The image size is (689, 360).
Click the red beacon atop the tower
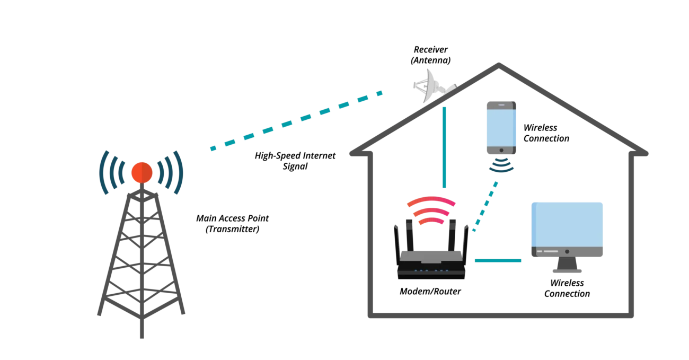coord(142,172)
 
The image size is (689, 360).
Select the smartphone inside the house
coord(500,127)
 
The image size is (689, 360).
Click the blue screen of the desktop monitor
coord(568,223)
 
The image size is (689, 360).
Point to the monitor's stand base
coord(568,271)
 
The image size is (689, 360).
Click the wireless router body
coord(430,262)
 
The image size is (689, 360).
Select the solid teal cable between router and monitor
coord(497,260)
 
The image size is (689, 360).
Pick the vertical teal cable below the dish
coord(445,148)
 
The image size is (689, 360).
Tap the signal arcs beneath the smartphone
coord(500,165)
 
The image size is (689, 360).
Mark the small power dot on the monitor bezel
coord(567,251)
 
